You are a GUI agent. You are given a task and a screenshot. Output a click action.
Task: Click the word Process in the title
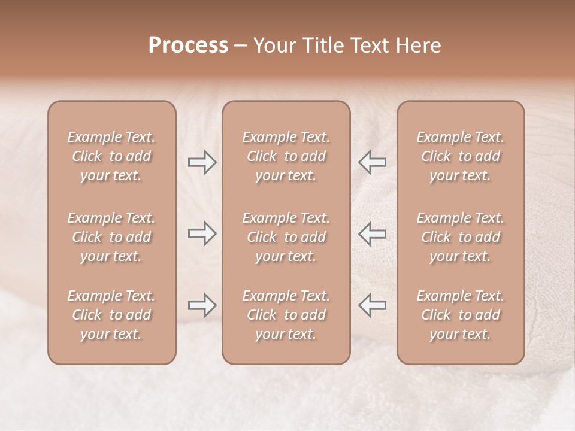(188, 45)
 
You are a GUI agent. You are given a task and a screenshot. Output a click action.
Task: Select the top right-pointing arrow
(202, 162)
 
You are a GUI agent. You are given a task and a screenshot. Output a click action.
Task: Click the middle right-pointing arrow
(202, 233)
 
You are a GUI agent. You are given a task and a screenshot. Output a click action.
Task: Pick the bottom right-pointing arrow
(202, 305)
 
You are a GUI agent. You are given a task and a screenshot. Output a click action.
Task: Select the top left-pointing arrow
(372, 162)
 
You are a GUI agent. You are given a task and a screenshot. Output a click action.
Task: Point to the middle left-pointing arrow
(372, 233)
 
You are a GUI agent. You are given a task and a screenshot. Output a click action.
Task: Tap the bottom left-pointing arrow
(372, 305)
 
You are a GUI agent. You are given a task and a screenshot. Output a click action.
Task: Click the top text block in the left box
(111, 156)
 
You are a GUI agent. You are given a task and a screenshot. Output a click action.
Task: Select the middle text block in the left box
(111, 237)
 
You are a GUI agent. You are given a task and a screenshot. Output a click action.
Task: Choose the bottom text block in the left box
(111, 315)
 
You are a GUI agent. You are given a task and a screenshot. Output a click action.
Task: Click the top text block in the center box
(286, 156)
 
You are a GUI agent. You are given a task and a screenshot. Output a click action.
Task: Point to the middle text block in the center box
(286, 237)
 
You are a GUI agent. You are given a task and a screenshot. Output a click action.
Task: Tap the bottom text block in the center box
(286, 315)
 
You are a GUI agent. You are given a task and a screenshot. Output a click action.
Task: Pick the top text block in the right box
(461, 156)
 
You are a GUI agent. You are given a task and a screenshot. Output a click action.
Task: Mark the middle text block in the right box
(461, 237)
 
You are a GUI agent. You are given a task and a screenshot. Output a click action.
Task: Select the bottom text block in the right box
(461, 315)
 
